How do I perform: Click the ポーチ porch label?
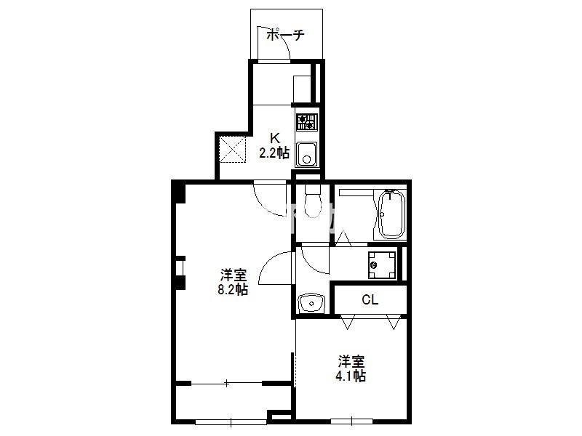(x=285, y=35)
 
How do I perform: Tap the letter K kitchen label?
(x=275, y=138)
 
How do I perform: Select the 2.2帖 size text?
(x=274, y=153)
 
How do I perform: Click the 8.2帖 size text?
(x=233, y=289)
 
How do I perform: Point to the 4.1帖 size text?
(x=351, y=376)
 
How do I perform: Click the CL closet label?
(x=370, y=299)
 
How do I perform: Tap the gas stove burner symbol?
(x=306, y=122)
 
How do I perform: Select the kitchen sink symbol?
(x=306, y=154)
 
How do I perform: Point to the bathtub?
(x=391, y=214)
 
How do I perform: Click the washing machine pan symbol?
(x=381, y=265)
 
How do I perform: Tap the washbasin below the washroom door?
(x=311, y=304)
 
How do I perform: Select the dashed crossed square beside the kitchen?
(x=232, y=150)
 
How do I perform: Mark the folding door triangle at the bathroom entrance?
(x=343, y=238)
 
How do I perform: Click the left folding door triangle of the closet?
(x=348, y=322)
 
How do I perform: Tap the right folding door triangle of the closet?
(x=394, y=322)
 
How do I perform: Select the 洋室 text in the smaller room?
(x=351, y=361)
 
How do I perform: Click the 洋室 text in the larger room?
(x=234, y=275)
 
